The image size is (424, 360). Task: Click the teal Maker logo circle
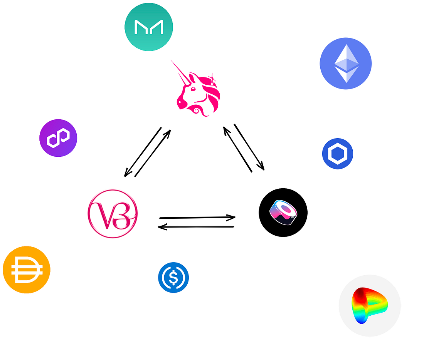click(148, 27)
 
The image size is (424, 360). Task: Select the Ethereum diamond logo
click(346, 64)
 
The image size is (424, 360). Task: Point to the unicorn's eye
click(192, 89)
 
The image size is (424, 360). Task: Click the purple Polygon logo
click(58, 138)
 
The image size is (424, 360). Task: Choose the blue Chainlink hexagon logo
click(338, 154)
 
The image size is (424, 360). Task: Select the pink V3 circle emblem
click(112, 214)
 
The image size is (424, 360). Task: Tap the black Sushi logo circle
click(283, 213)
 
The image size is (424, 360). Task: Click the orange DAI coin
click(27, 270)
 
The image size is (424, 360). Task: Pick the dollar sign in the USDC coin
click(173, 278)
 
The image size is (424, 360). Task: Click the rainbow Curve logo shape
click(369, 305)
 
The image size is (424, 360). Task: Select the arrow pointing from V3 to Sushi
click(197, 218)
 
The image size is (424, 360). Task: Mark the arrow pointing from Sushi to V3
click(196, 227)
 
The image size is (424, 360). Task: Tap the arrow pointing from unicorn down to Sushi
click(249, 147)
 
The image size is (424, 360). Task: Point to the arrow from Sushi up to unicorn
click(237, 149)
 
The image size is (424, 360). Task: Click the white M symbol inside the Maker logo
click(148, 27)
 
